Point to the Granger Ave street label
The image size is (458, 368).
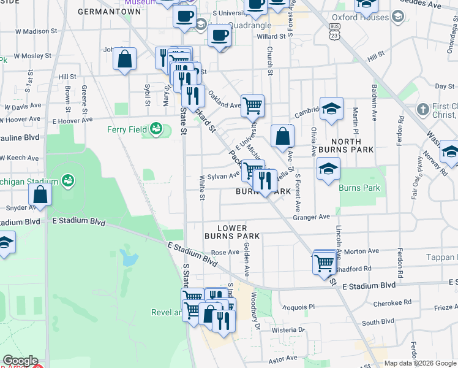point(311,217)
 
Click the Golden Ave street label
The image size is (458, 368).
point(247,258)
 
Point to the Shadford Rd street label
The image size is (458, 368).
point(354,268)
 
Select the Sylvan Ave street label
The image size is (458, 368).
point(225,175)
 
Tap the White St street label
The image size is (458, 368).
point(201,187)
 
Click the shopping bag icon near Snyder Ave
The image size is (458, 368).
point(40,194)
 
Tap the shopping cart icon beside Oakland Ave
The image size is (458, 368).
point(252,105)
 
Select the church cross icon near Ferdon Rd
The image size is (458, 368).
point(423,109)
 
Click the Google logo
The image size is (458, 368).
point(20,361)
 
